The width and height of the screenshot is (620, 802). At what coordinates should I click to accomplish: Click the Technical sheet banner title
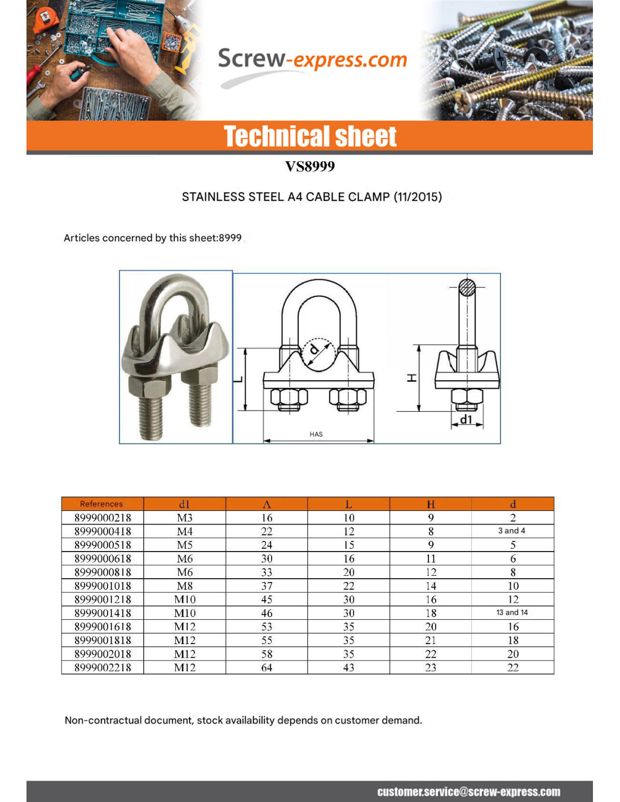(310, 136)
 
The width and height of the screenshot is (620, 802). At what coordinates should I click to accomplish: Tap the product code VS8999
(310, 166)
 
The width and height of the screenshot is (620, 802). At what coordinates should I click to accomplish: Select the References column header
(101, 504)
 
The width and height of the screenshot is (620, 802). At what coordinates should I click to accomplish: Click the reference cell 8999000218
(103, 518)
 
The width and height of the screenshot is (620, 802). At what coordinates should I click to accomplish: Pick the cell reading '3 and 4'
(512, 531)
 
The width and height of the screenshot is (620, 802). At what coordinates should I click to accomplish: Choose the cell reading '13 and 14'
(512, 612)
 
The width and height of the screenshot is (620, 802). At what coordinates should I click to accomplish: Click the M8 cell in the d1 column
(185, 586)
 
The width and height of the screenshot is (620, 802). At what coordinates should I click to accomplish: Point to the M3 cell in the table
(185, 518)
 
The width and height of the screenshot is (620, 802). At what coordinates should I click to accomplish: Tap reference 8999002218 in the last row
(103, 668)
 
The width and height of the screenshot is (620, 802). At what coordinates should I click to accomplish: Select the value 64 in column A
(267, 668)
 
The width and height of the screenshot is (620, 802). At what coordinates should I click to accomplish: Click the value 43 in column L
(349, 668)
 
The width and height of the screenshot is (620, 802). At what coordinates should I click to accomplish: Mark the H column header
(431, 504)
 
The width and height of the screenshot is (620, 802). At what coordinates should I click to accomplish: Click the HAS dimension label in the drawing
(316, 434)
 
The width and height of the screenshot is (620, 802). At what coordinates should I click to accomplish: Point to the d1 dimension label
(466, 419)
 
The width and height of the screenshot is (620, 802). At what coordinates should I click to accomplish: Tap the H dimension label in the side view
(412, 378)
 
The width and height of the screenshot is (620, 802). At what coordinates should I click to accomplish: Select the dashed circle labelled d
(318, 354)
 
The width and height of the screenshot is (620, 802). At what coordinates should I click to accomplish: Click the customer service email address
(469, 792)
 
